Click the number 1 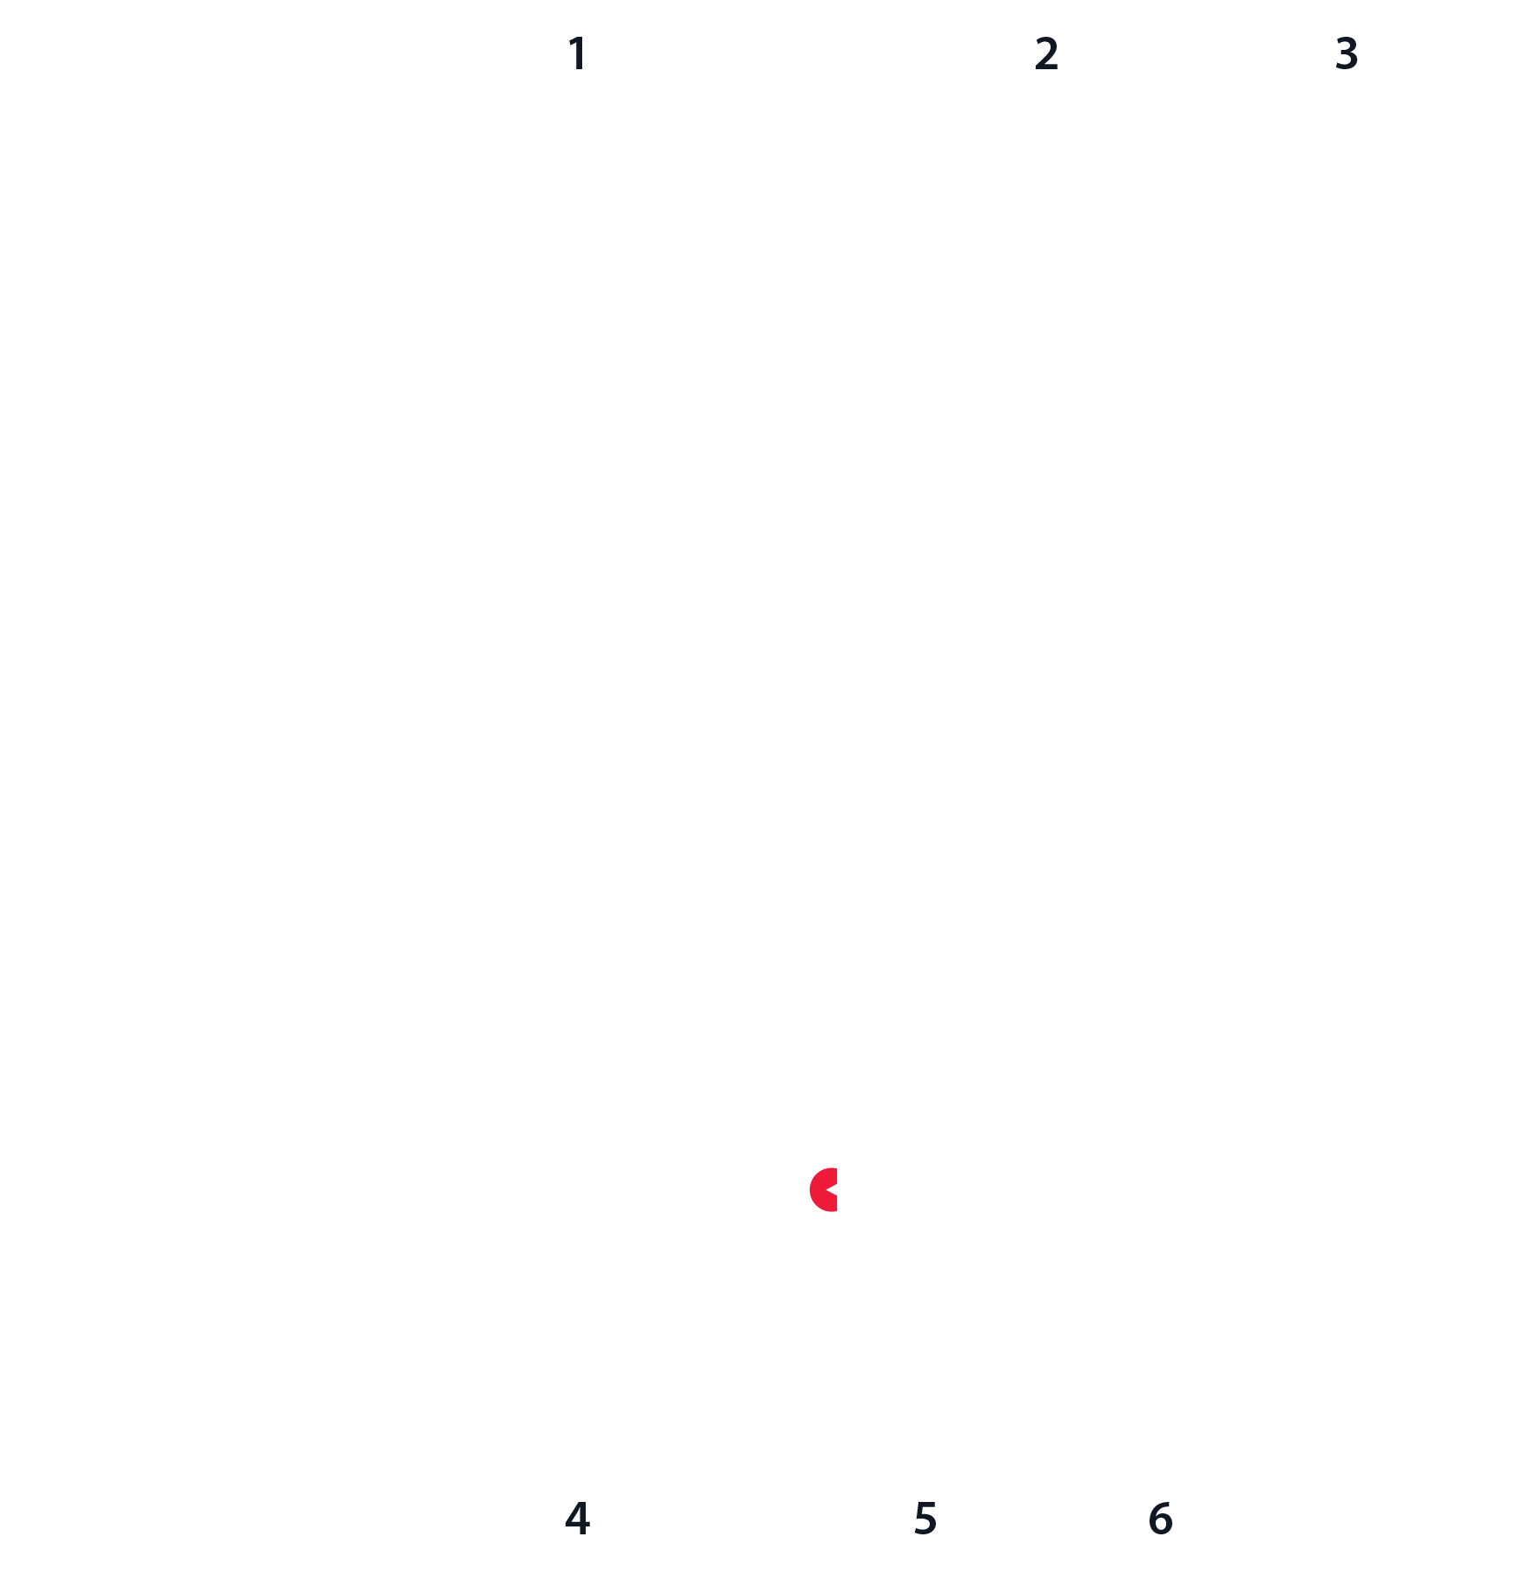click(x=576, y=53)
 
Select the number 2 click(x=1046, y=53)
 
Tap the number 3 click(x=1347, y=53)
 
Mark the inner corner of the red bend click(x=839, y=1180)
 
